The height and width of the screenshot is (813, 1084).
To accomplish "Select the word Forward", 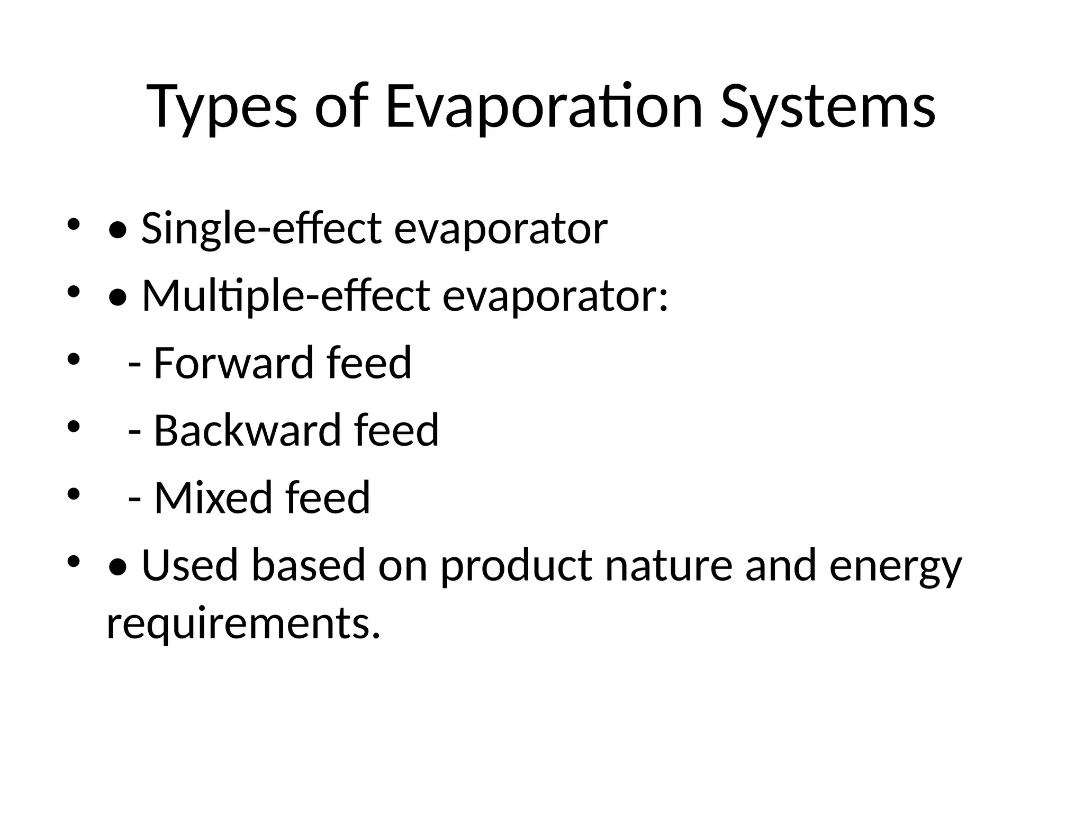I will [x=232, y=363].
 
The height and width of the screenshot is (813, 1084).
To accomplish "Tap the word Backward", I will [x=246, y=430].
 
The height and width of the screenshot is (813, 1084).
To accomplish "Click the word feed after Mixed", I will [x=327, y=498].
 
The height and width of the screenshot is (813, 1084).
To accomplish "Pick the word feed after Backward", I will [x=396, y=430].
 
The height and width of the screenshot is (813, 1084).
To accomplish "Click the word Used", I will [x=190, y=565].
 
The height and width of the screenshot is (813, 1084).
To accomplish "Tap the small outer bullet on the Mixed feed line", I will [x=73, y=494].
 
